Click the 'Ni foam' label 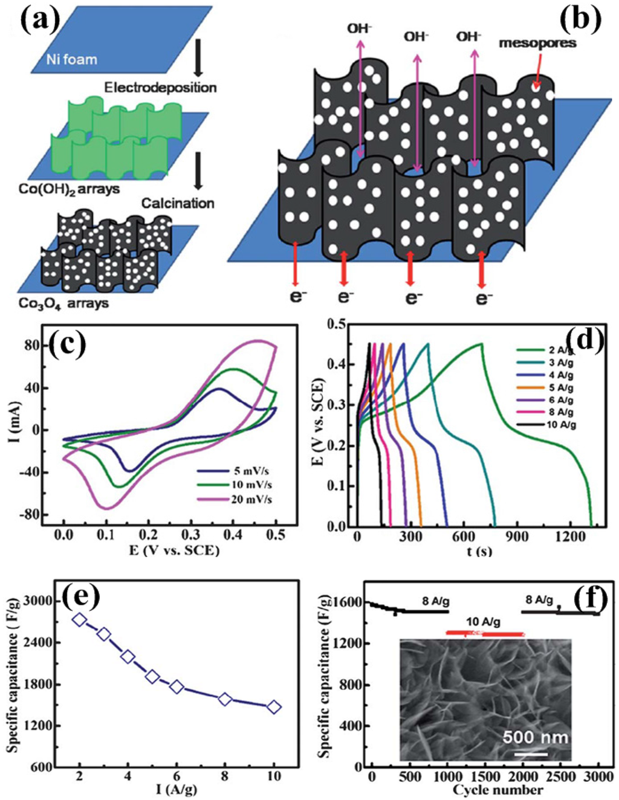pos(71,60)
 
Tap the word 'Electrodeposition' pos(160,88)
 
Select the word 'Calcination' pos(178,203)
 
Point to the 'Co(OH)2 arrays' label pos(69,189)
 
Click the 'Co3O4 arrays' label pos(63,303)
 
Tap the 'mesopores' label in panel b pos(538,43)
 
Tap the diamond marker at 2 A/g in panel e pos(79,619)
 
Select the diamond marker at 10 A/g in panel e pos(274,707)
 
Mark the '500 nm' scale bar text pos(534,737)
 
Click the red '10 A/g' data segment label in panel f pos(482,622)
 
